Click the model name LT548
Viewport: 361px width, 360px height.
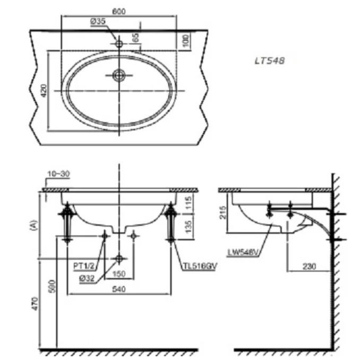270,61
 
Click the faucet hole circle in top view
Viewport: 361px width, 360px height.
119,42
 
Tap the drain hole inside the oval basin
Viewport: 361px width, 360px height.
119,75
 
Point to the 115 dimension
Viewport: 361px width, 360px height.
190,202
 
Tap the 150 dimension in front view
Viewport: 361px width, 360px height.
119,274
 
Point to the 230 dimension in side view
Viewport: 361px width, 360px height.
310,267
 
